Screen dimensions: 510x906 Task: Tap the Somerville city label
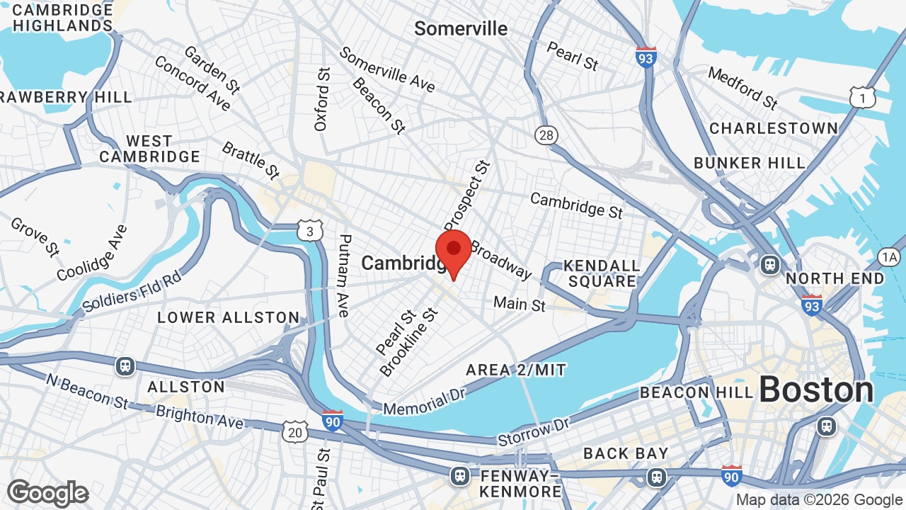461,29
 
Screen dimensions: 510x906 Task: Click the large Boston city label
816,390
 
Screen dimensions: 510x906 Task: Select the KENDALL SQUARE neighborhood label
602,274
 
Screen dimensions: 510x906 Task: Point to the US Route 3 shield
310,231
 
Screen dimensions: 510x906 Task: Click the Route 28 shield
546,135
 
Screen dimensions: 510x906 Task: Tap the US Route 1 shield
862,98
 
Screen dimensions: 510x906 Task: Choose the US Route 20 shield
294,431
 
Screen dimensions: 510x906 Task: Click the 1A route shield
889,257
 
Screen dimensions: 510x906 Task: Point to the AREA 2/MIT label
516,370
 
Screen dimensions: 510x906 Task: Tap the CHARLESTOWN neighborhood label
774,128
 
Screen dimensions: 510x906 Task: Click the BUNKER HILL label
750,163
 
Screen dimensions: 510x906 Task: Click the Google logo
47,494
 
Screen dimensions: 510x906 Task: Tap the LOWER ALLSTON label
229,317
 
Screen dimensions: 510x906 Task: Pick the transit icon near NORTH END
769,266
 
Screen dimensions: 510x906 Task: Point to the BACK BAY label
626,453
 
